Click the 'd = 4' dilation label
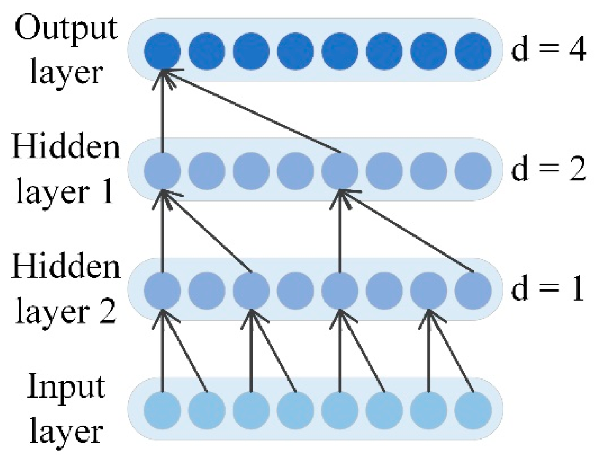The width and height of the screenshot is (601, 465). click(548, 50)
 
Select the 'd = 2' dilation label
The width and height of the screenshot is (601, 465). click(548, 170)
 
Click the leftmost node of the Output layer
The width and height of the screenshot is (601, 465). click(162, 51)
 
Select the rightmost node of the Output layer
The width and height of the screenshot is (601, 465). click(473, 51)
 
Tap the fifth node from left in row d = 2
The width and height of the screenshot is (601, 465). click(340, 171)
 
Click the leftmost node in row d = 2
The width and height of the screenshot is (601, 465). click(162, 171)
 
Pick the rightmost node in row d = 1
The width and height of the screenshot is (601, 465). click(473, 290)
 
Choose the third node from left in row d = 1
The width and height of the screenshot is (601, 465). click(251, 290)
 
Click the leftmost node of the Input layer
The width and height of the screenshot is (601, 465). click(162, 410)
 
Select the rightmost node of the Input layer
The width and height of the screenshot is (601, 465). click(473, 410)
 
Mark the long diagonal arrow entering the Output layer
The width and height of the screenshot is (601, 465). click(253, 111)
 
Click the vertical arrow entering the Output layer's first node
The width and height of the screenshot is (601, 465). click(162, 112)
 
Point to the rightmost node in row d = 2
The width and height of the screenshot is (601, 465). click(473, 171)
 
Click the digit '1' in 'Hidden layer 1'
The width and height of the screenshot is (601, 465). click(107, 192)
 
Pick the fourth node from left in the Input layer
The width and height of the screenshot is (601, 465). click(295, 410)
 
